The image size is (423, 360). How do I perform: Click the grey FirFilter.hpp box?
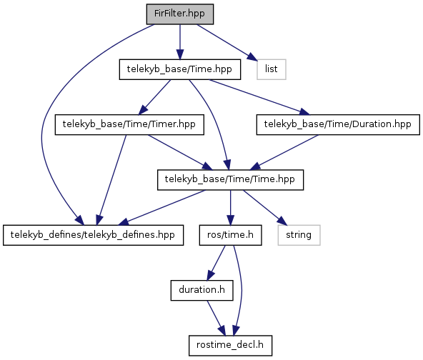coord(180,14)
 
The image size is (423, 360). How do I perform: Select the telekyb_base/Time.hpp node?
coord(180,69)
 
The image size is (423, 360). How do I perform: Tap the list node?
coord(272,69)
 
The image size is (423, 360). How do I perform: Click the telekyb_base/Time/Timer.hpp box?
coord(129,124)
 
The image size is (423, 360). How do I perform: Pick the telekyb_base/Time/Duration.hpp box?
coord(338,124)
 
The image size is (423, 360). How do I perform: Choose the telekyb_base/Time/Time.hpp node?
coord(230,180)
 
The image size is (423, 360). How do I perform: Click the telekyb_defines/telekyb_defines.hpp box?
coord(94,235)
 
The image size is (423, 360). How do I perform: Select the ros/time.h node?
coord(230,235)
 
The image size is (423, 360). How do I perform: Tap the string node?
coord(299,235)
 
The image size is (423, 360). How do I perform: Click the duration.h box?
coord(201,291)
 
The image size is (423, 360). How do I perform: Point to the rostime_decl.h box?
coord(230,346)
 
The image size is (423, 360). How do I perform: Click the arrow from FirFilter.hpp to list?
coord(227,43)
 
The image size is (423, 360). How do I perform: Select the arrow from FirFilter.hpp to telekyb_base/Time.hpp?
coord(180,42)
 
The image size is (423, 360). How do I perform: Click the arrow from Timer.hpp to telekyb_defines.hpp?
coord(111,180)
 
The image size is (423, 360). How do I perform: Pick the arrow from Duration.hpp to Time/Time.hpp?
coord(284,152)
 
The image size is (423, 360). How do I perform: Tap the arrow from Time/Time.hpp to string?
coord(264,207)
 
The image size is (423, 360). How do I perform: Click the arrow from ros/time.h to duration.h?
coord(216,263)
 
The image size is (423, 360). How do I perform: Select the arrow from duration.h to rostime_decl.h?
coord(216,318)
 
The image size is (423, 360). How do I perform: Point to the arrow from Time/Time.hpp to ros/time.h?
coord(230,208)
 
